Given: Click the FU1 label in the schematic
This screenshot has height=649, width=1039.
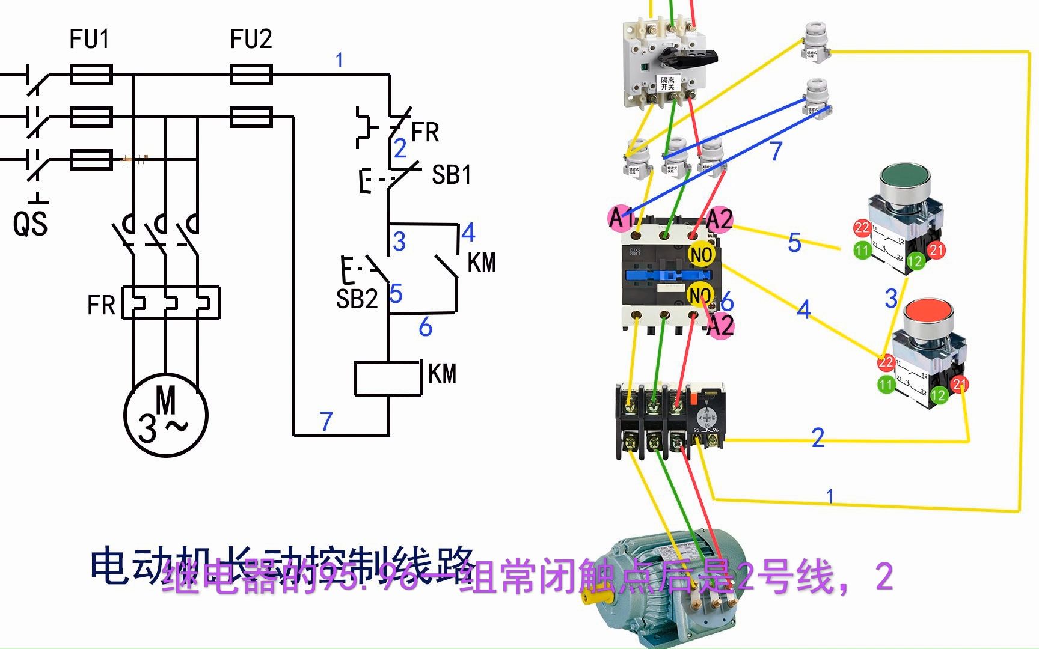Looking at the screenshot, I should point(90,40).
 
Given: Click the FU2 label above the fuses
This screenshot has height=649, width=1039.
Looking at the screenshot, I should point(251,40).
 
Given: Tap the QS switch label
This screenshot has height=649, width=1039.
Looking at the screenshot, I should point(30,224).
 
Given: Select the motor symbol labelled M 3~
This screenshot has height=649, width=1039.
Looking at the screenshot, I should point(166,415).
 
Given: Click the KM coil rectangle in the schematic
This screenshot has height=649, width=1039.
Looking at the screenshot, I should point(387,379).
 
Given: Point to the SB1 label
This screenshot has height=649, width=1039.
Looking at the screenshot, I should point(452,175).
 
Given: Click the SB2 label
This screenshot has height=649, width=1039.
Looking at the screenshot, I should point(357,299).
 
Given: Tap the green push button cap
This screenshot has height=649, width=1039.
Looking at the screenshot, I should point(904,180).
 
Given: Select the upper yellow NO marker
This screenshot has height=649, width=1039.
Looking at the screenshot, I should point(700,254).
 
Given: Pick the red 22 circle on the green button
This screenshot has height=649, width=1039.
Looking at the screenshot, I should point(862,228).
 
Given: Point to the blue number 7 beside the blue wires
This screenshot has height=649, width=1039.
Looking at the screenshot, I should point(776,151).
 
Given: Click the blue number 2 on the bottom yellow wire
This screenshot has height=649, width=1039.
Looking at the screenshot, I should point(818,437).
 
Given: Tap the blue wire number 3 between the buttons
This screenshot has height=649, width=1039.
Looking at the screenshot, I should point(891,298).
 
